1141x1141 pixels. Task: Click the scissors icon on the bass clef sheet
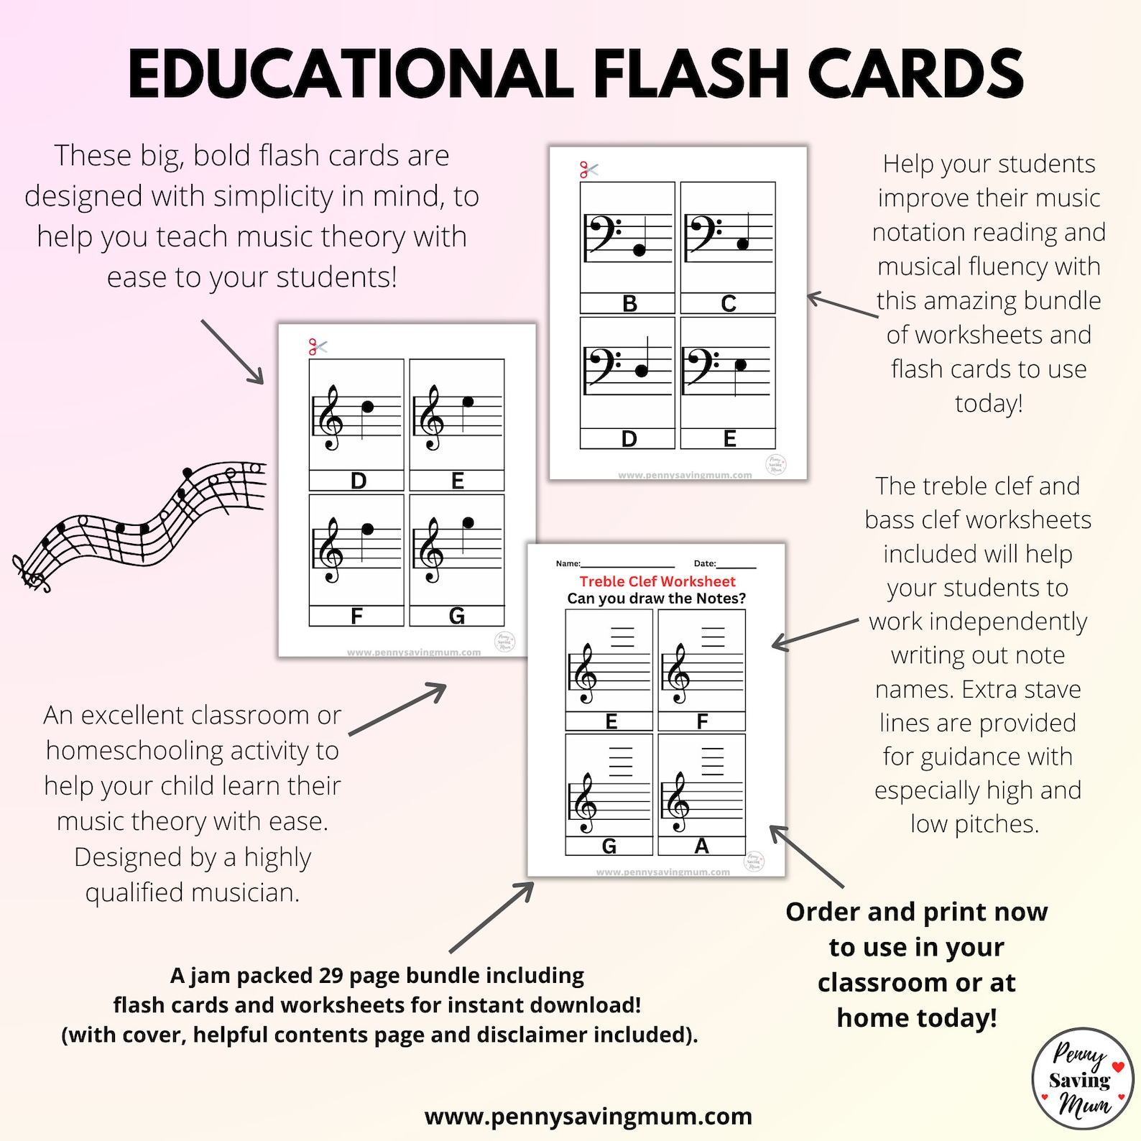point(588,170)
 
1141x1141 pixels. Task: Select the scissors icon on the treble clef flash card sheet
point(318,347)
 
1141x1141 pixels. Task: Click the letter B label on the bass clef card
point(629,304)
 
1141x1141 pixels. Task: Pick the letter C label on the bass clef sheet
point(729,304)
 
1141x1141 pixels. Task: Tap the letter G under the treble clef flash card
point(456,616)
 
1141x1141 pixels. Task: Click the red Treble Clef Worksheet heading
point(657,581)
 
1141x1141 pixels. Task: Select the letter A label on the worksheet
point(702,846)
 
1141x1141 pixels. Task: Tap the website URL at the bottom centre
point(588,1116)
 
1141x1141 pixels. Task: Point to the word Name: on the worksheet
point(568,563)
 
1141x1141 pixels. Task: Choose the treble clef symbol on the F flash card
point(331,552)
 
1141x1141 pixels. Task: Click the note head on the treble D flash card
point(368,407)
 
